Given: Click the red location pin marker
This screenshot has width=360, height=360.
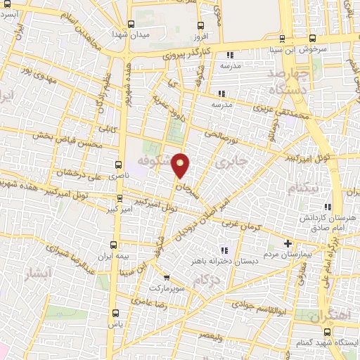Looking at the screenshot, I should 181,165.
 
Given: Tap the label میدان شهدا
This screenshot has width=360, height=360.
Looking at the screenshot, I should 131,33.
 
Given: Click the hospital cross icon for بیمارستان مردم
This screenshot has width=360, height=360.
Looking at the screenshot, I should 287,243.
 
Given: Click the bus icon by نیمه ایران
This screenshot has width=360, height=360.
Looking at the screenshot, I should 114,245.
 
